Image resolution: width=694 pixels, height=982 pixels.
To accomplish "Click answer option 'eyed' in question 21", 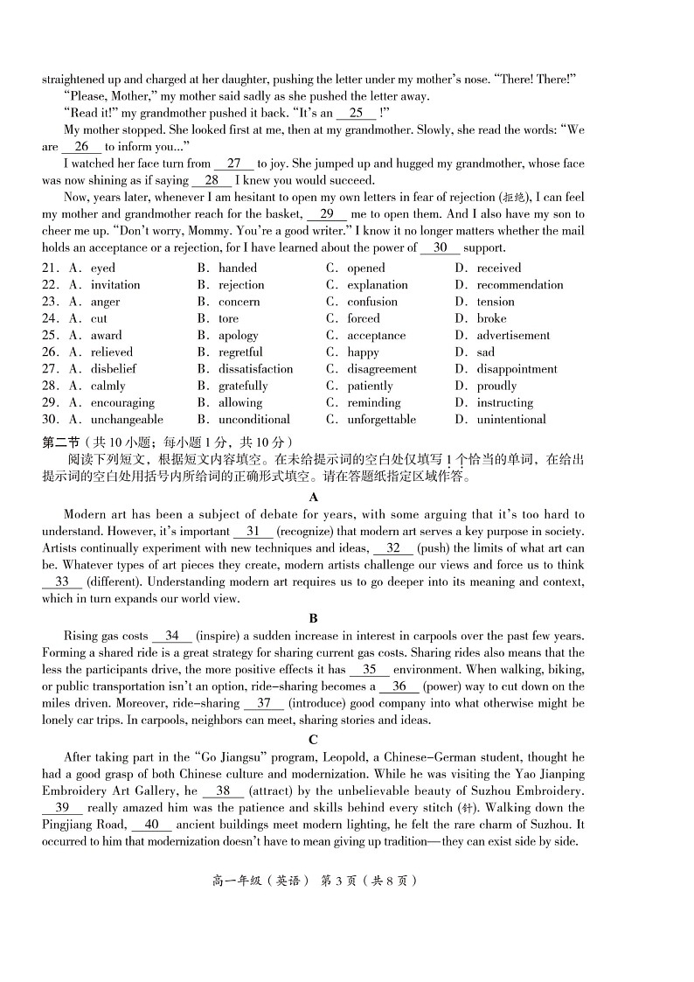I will pos(103,268).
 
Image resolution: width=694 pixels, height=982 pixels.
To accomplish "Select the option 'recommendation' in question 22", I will pos(520,285).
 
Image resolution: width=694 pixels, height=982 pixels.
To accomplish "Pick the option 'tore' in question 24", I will pos(228,319).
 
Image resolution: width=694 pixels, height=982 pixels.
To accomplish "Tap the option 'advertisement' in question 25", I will pos(513,336).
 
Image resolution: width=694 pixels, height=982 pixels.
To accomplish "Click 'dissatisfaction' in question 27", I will pos(255,369).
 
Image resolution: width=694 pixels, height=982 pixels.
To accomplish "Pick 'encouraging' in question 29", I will pos(122,403).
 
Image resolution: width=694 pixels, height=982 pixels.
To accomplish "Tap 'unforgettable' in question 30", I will pos(381,420).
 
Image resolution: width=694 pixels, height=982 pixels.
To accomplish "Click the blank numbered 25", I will pos(356,113).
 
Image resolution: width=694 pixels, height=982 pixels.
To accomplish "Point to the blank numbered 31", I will pos(253,531).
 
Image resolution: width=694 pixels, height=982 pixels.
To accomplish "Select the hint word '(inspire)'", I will pos(219,636).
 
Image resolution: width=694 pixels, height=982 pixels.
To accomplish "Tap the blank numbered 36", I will pos(399,686).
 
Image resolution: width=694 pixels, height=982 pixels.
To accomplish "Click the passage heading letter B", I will pos(314,618).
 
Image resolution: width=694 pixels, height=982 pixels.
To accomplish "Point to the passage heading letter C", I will pos(314,739).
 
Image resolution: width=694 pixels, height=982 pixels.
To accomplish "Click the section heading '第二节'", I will pos(59,442).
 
